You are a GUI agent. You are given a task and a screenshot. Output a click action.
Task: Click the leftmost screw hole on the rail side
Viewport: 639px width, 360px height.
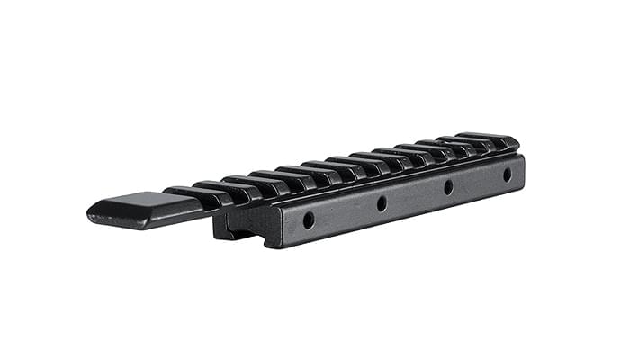[x=309, y=220]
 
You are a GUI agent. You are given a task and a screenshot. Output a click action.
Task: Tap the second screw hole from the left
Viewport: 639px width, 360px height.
[x=382, y=204]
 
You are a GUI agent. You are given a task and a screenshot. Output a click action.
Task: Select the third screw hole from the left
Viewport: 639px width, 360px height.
[x=448, y=188]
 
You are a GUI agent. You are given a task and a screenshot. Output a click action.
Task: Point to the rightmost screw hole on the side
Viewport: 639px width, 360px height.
[x=507, y=175]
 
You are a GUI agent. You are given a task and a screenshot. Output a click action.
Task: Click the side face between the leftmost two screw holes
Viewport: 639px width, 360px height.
[x=346, y=212]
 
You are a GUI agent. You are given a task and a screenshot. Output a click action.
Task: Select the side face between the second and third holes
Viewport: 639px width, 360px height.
[x=415, y=196]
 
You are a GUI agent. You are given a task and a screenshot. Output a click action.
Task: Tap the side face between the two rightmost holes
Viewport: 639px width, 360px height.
[x=478, y=182]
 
